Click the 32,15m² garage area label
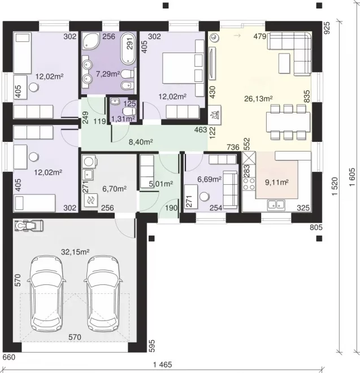(x=75, y=251)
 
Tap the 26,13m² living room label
(x=258, y=98)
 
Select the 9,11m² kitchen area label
(x=277, y=183)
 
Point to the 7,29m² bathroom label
(x=108, y=74)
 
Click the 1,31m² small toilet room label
(x=123, y=119)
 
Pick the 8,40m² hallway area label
(x=141, y=142)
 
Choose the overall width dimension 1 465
(x=163, y=365)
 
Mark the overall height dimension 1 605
(x=352, y=177)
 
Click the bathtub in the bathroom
(x=128, y=49)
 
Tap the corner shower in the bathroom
(x=90, y=41)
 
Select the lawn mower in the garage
(x=29, y=225)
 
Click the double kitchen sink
(x=276, y=205)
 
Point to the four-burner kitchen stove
(x=249, y=184)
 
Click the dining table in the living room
(x=288, y=122)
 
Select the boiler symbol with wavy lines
(x=90, y=200)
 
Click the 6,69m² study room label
(x=209, y=179)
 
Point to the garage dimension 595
(x=152, y=346)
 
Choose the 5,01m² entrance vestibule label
(x=161, y=184)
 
